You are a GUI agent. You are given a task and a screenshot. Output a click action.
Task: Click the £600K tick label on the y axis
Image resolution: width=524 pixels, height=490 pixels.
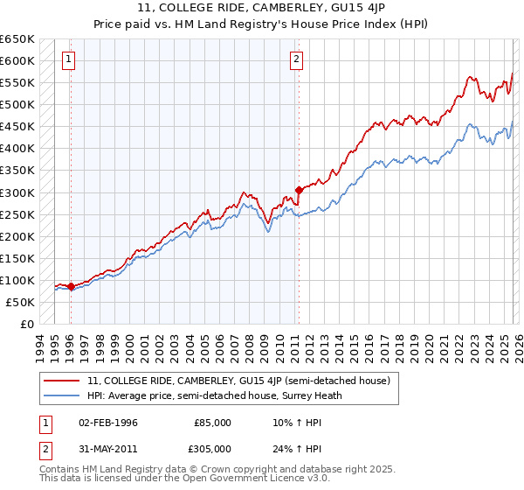[17, 60]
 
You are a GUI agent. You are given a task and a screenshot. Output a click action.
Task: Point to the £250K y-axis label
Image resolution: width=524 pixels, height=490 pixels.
[17, 214]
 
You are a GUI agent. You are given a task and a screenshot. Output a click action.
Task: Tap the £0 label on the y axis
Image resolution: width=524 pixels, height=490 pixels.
[26, 324]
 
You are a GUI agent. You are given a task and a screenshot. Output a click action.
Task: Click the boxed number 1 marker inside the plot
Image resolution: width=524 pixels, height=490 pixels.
[69, 59]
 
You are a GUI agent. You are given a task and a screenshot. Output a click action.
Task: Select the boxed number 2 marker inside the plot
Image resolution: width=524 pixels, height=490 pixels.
[297, 59]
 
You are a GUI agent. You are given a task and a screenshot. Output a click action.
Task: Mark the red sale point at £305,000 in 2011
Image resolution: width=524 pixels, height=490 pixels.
[299, 189]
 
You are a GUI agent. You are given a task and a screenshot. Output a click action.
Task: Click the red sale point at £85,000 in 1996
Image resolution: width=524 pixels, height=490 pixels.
[71, 286]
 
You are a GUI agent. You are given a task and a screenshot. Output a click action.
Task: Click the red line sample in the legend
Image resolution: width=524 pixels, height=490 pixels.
[62, 381]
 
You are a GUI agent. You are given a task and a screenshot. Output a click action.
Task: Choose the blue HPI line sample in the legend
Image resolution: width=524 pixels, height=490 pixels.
[62, 395]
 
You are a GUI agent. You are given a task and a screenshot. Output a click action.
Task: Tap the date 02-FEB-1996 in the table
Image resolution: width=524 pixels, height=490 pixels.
[108, 422]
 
